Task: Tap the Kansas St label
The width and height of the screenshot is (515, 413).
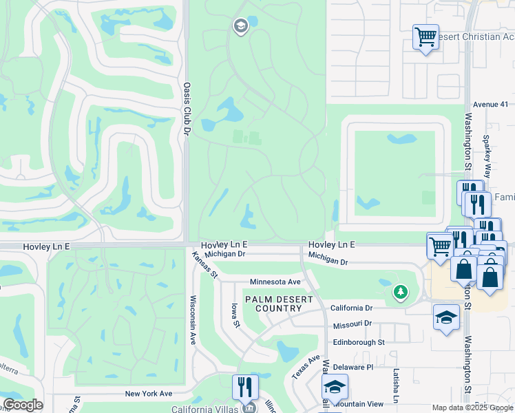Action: pyautogui.click(x=204, y=265)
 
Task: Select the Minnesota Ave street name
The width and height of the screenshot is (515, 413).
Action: pyautogui.click(x=275, y=282)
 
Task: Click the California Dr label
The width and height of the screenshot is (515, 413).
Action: pyautogui.click(x=351, y=308)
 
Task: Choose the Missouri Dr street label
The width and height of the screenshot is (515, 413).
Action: pyautogui.click(x=352, y=324)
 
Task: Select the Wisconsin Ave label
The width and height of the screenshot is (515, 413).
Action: pyautogui.click(x=193, y=319)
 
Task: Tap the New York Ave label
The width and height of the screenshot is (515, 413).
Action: pyautogui.click(x=148, y=393)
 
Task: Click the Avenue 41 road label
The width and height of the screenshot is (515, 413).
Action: pyautogui.click(x=490, y=105)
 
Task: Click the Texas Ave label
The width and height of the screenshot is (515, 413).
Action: pyautogui.click(x=306, y=368)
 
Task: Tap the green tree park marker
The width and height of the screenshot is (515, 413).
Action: pyautogui.click(x=401, y=293)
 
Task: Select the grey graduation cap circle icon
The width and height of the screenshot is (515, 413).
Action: pyautogui.click(x=240, y=27)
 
